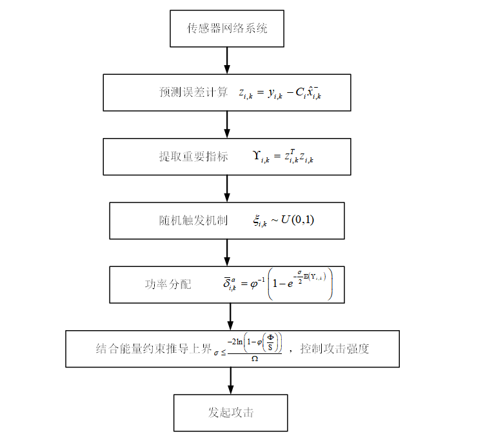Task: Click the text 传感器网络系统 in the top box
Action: pyautogui.click(x=227, y=28)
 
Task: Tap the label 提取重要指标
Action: pyautogui.click(x=193, y=157)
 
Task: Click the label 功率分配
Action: pyautogui.click(x=168, y=284)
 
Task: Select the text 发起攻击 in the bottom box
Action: pyautogui.click(x=230, y=413)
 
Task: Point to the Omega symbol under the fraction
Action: pyautogui.click(x=255, y=358)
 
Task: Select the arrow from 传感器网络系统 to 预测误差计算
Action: pyautogui.click(x=227, y=60)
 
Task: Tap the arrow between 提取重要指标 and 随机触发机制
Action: pyautogui.click(x=227, y=188)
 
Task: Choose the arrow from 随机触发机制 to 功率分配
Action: pyautogui.click(x=227, y=252)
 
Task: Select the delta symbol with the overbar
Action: pyautogui.click(x=227, y=283)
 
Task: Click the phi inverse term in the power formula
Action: pyautogui.click(x=254, y=283)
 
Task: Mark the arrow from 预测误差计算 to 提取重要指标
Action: pyautogui.click(x=227, y=124)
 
